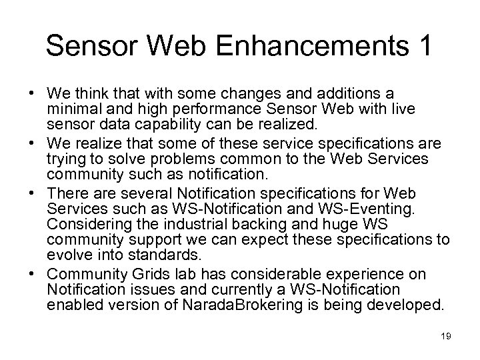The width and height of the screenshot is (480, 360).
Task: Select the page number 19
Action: click(x=446, y=337)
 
